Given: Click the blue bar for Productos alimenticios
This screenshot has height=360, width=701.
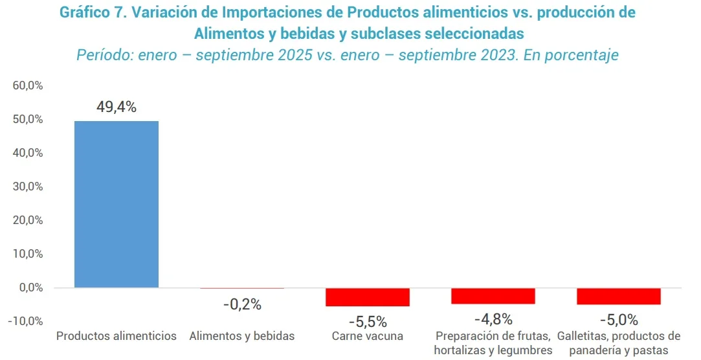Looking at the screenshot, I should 117,204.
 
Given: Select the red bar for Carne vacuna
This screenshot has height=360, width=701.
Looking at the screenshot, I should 368,297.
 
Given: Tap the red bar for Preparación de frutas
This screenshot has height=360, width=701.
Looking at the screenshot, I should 493,295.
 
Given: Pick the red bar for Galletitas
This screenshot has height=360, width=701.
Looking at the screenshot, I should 619,296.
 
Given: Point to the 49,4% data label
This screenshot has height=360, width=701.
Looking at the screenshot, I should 117,107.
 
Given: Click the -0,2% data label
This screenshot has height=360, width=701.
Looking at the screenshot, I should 242,304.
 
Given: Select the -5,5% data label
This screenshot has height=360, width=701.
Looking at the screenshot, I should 368,321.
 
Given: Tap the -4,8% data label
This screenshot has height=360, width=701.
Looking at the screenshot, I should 493,319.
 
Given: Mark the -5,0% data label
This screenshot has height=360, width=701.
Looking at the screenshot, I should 619,319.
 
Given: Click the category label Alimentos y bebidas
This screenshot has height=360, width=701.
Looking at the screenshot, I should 242,336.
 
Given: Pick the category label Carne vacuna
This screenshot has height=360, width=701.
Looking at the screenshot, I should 368,336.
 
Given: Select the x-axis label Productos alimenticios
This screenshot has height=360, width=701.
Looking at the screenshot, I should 117,336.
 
